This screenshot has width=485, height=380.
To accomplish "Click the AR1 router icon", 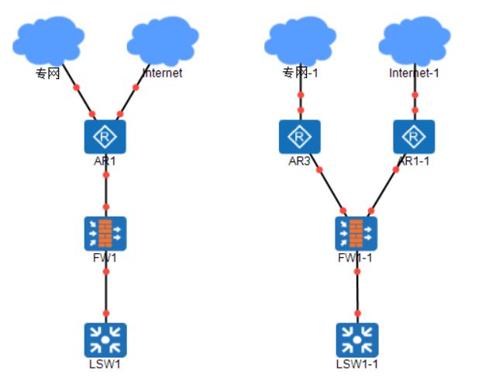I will (105, 137).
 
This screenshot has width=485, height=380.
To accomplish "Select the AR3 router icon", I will (299, 137).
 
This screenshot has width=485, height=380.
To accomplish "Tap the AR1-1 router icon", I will (414, 137).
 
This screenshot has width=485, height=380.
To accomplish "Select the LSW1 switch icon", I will (105, 339).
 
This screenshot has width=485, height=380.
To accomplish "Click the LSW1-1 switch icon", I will (356, 339).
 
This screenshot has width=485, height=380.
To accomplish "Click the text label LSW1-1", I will (357, 364).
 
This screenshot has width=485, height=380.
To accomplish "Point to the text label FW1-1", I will (356, 258).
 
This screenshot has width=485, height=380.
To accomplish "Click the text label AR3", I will (299, 161).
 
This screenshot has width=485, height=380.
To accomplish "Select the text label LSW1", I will (105, 364).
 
